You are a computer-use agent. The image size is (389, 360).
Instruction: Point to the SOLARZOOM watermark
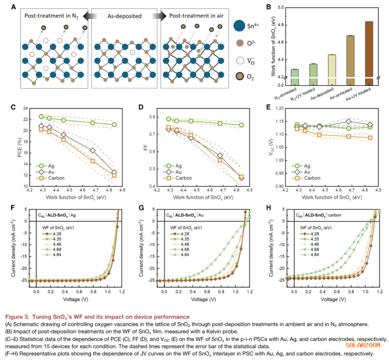(x=362, y=346)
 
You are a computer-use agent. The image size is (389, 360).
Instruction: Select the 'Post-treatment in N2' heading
(x=52, y=16)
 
